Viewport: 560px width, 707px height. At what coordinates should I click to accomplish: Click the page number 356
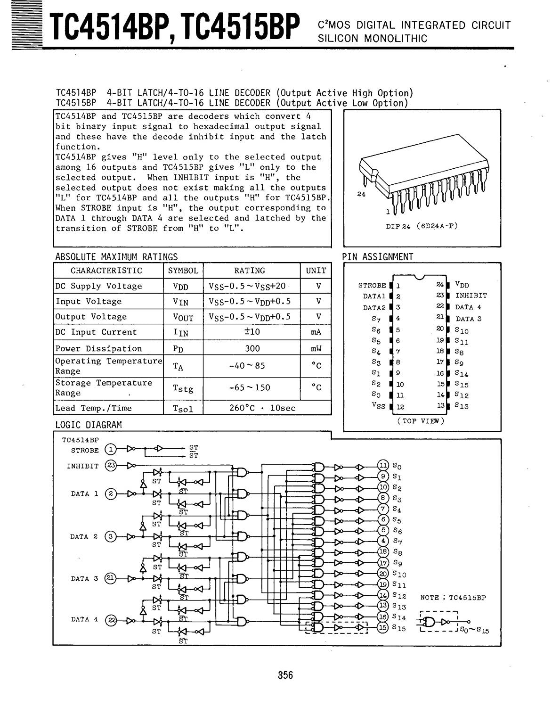285,675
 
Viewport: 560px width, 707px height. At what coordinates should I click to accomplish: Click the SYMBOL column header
183,271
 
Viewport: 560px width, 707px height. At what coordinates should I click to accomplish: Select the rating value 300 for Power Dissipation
252,348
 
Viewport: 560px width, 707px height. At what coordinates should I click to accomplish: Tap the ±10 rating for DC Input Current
252,332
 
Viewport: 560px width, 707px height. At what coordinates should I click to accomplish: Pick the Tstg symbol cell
183,388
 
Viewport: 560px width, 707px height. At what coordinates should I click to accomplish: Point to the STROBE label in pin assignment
372,285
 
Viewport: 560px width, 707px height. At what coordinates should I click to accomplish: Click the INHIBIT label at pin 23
471,296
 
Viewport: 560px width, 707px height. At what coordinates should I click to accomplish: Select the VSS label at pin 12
378,405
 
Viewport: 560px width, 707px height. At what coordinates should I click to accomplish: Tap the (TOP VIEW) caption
421,421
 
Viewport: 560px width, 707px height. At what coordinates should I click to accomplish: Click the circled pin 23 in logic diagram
110,466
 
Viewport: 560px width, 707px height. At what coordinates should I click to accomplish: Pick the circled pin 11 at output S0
383,466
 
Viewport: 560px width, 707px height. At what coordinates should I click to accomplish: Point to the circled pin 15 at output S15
383,627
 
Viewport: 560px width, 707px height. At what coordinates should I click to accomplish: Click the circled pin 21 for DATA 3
110,578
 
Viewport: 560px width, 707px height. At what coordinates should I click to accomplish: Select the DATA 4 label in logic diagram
85,619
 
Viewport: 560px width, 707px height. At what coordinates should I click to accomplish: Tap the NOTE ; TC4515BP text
453,598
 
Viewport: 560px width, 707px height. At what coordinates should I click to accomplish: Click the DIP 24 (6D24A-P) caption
422,226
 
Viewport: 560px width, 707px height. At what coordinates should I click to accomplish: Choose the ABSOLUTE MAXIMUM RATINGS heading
116,257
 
